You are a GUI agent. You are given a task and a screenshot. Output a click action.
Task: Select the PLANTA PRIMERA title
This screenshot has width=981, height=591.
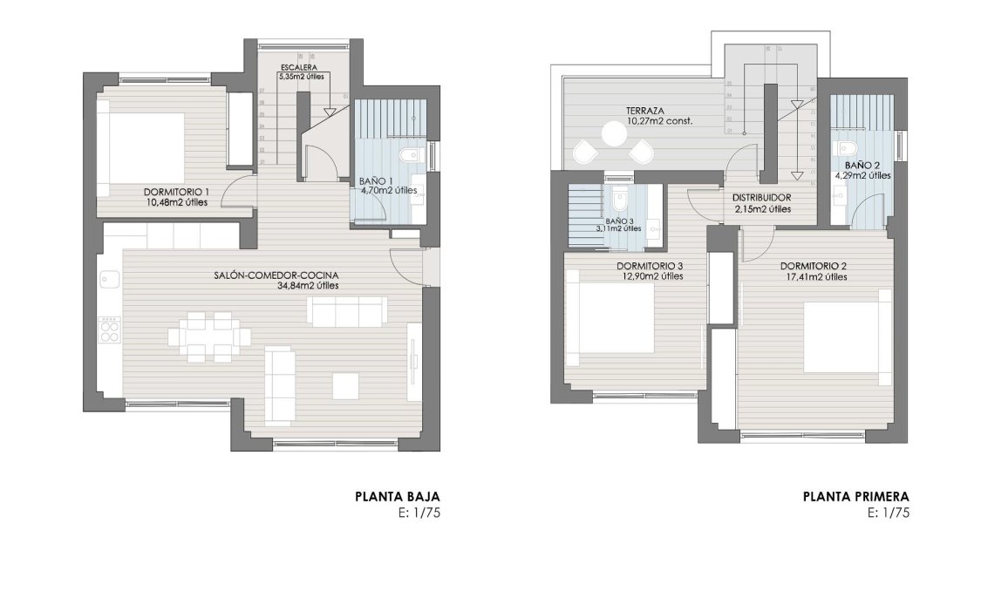coord(855,498)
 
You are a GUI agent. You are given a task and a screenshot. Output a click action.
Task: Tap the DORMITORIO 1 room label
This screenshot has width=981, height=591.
coord(177,192)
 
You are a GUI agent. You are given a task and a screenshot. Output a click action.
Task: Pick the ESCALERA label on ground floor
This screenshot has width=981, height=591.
coord(298,67)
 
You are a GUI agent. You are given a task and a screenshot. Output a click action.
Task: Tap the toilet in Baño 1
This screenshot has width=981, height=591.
coord(408,156)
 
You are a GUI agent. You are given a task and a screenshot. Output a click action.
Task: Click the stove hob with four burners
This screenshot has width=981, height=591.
coord(111,329)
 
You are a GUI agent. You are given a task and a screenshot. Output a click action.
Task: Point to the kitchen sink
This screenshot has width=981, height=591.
coord(110,279)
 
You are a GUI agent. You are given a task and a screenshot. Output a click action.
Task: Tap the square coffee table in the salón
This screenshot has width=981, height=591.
coord(344,385)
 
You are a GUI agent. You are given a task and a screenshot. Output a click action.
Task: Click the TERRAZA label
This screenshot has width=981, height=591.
coord(645,112)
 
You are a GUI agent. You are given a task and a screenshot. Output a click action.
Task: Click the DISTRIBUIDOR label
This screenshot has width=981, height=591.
coord(762,198)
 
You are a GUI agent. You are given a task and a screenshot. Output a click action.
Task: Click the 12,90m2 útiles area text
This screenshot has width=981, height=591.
coord(649,276)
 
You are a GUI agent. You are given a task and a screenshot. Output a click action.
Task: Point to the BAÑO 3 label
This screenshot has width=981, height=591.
coord(617,221)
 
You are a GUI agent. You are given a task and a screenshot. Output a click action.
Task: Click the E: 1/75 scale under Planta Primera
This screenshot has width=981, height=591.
coord(889,513)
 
